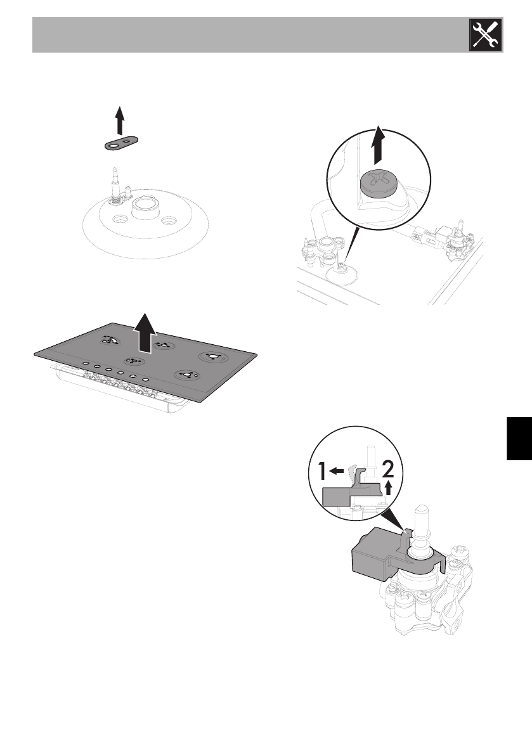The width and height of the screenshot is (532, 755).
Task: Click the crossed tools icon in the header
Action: tap(484, 35)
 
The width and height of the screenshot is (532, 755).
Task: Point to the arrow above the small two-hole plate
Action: tap(119, 120)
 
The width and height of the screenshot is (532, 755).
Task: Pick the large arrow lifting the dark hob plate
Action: tap(146, 330)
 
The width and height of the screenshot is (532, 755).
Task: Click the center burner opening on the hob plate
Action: tap(133, 362)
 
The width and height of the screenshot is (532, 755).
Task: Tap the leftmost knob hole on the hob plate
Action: tap(84, 363)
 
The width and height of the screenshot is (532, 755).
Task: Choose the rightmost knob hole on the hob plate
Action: tap(146, 380)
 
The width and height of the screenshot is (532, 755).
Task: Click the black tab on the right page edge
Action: tap(517, 440)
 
